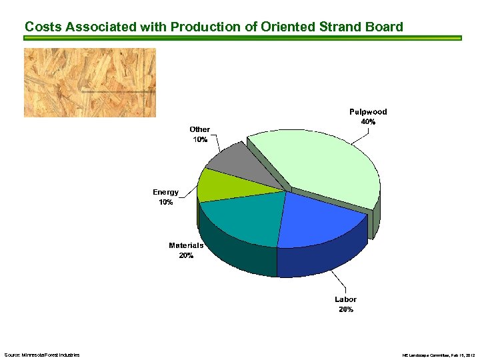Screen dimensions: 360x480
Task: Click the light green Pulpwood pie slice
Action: tap(320, 167)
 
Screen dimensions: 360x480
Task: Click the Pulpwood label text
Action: tap(368, 112)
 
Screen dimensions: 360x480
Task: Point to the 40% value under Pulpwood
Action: tap(368, 122)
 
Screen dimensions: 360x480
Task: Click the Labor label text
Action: tap(345, 300)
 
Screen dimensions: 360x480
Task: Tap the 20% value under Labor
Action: tap(345, 310)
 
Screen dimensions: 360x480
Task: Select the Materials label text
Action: tap(186, 245)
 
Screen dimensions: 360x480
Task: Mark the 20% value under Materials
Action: tap(186, 255)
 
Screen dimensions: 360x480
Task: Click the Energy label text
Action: tap(166, 192)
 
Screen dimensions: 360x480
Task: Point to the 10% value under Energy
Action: tap(166, 202)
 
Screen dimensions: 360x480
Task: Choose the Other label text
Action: tap(199, 129)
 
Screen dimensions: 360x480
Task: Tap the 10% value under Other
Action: tap(199, 140)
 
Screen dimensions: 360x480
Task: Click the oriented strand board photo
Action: tap(90, 83)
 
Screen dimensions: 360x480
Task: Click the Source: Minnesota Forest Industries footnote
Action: tap(42, 355)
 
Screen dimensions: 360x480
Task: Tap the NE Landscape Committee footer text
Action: tap(438, 355)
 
